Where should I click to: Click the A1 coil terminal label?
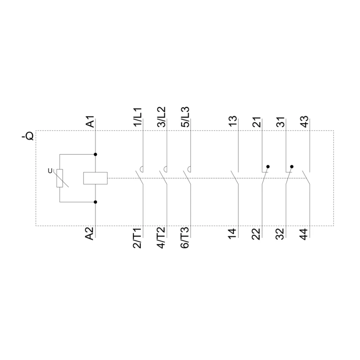(90, 122)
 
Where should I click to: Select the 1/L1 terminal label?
(138, 117)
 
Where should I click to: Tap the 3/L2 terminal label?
(162, 117)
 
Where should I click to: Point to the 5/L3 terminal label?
(185, 117)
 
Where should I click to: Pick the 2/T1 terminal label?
(137, 238)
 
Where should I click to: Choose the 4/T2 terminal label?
(161, 238)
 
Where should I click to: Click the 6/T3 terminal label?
(185, 238)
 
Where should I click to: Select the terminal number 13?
(233, 122)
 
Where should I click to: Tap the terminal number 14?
(232, 234)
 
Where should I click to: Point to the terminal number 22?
(256, 234)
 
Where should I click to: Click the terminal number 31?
(280, 122)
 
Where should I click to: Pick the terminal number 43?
(304, 122)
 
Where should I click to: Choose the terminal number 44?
(304, 234)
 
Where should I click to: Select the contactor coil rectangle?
(95, 178)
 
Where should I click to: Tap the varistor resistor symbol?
(60, 178)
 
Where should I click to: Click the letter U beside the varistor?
(50, 171)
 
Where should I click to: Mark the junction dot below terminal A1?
(96, 154)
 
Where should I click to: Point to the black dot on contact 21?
(268, 166)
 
